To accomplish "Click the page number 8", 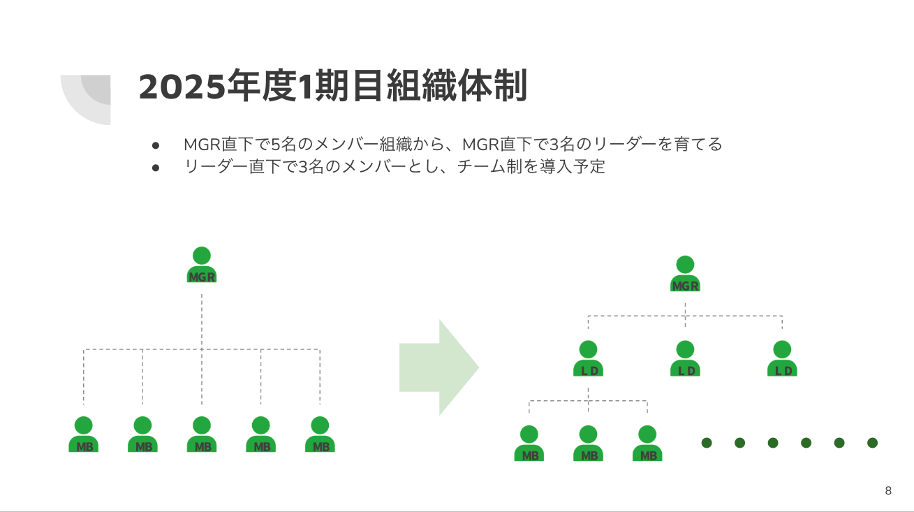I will (888, 490).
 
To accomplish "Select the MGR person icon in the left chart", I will (202, 266).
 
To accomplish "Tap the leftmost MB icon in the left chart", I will (84, 434).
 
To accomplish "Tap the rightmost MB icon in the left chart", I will (320, 434).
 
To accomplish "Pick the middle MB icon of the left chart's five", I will (202, 434).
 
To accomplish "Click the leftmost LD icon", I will (589, 359).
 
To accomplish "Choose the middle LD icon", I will (685, 359).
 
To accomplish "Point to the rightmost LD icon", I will (782, 359).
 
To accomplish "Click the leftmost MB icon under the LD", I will (529, 444).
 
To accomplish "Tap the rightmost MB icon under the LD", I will (647, 444).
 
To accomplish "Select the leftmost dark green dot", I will (706, 443).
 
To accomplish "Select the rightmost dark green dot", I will (872, 443).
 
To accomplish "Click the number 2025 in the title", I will (184, 87).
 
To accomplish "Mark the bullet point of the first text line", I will (156, 145).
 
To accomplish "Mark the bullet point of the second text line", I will (156, 168).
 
